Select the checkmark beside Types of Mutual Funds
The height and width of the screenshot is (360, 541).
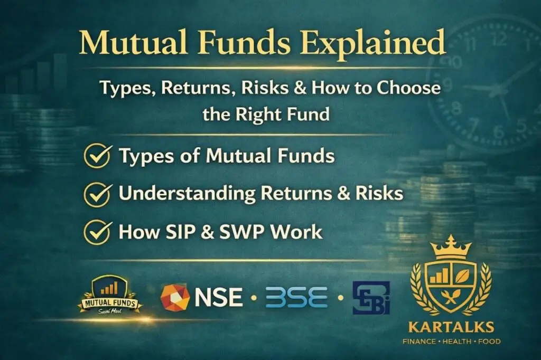(x=97, y=156)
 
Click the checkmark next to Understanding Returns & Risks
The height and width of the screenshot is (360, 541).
(x=97, y=194)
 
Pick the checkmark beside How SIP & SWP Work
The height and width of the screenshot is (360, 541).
(x=97, y=232)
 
